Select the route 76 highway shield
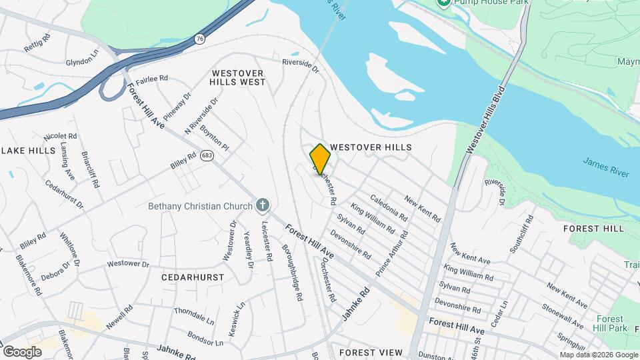point(200,40)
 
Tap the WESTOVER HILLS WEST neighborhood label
point(238,77)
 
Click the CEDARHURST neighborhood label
point(193,276)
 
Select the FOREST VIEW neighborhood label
point(371,352)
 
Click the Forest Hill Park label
point(611,323)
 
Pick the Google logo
point(22,351)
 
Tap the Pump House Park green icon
point(443,3)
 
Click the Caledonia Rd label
point(388,207)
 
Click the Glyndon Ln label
point(83,57)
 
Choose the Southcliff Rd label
point(521,234)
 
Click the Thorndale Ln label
point(193,315)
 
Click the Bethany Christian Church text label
point(201,206)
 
